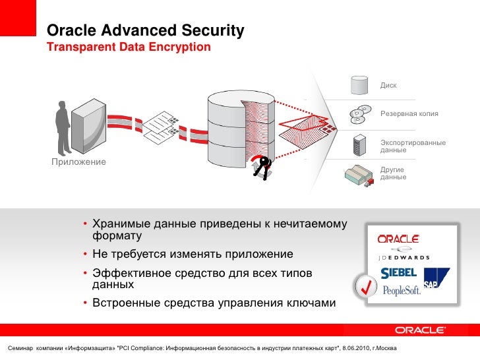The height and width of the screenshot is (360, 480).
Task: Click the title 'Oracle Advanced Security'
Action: [145, 31]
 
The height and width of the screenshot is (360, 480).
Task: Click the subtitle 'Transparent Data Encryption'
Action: [129, 47]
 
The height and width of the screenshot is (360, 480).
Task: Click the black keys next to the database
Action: [262, 168]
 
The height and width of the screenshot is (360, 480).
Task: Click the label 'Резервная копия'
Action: [409, 114]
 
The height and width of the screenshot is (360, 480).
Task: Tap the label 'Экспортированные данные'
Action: [413, 146]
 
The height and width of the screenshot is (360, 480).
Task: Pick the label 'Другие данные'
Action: [393, 173]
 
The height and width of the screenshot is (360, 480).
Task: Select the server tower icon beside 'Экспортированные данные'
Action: [359, 144]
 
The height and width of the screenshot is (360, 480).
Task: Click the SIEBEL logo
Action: [398, 272]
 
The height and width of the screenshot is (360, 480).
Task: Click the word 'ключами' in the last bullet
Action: [308, 303]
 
